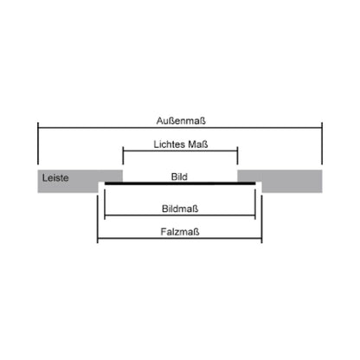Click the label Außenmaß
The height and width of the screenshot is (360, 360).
[181, 120]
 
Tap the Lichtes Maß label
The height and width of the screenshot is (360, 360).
[181, 144]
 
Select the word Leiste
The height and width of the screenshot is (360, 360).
[55, 177]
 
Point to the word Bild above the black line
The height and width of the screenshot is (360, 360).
[179, 177]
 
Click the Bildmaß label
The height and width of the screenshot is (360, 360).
[180, 209]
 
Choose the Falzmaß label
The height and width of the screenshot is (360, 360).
[180, 232]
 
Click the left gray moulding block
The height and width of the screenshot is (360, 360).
[80, 181]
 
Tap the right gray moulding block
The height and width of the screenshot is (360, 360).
[280, 181]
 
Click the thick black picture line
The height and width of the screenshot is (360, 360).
[180, 183]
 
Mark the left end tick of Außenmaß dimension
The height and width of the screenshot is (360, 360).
[38, 144]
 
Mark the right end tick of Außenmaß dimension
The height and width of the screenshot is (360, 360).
[322, 144]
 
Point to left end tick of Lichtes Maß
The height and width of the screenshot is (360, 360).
[123, 156]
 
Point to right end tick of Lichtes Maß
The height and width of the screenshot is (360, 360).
[237, 156]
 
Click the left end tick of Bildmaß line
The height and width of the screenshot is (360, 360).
[105, 203]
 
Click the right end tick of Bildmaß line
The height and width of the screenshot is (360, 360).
[255, 203]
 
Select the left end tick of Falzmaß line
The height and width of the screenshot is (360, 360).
[98, 219]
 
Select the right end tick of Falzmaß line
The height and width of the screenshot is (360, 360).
[261, 219]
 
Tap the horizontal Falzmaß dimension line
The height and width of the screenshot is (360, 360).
[180, 239]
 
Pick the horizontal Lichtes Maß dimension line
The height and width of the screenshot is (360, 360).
[180, 151]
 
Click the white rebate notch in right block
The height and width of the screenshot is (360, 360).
[259, 187]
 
